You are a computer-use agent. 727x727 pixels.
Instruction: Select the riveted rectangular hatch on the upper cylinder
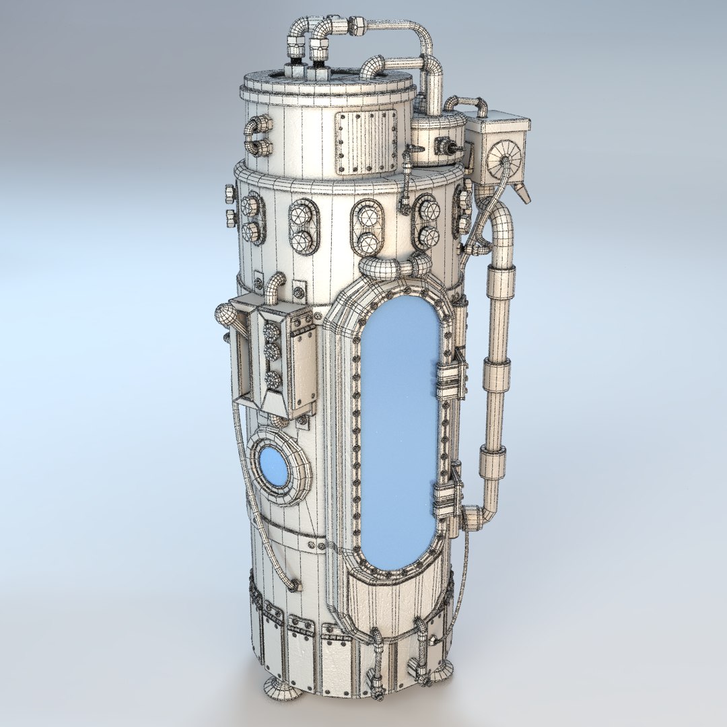pos(366,141)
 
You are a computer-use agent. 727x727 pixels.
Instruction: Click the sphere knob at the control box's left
pos(226,316)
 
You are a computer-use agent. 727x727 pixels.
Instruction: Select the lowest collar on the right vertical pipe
pos(493,464)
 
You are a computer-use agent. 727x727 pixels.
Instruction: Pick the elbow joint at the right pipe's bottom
pos(474,518)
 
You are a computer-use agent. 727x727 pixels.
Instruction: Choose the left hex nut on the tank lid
pos(296,69)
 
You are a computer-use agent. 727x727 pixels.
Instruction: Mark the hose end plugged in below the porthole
pos(293,586)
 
